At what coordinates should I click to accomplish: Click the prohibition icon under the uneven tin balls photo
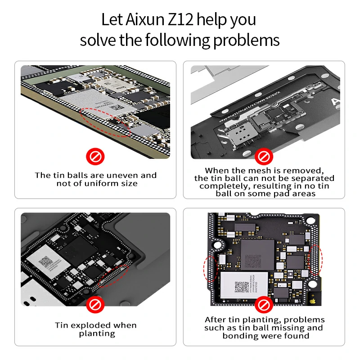click(95, 157)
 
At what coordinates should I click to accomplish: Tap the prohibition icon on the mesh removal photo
click(264, 157)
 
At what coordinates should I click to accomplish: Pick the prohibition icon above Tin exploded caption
click(95, 306)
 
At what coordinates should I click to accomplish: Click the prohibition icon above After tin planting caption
click(264, 306)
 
